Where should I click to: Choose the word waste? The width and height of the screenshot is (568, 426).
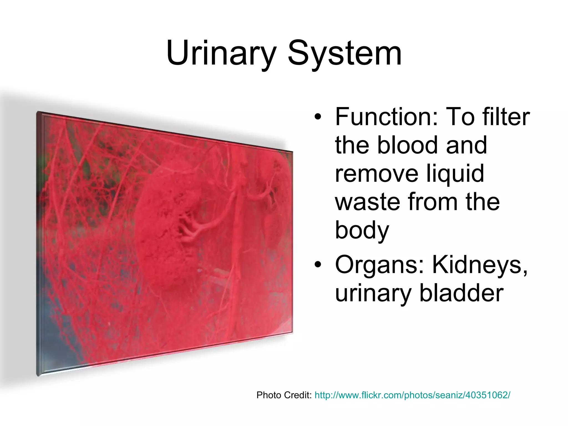pos(367,202)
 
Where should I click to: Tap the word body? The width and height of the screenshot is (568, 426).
pos(362,231)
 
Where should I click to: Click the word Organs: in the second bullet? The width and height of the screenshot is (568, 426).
pos(380,266)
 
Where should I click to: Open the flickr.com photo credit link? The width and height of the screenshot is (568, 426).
pos(412,395)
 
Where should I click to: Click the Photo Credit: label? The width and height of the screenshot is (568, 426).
pos(284,395)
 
